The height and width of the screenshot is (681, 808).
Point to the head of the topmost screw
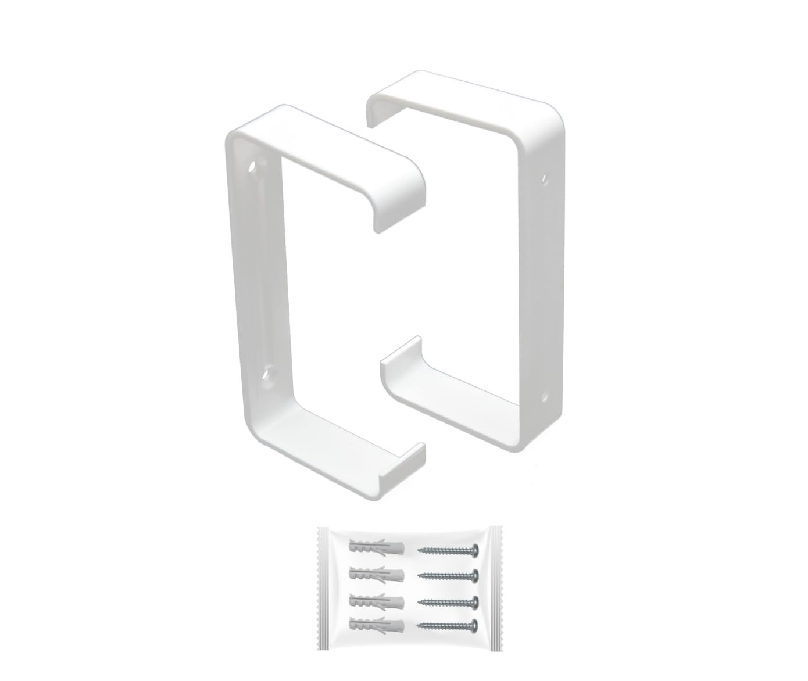click(475, 549)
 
